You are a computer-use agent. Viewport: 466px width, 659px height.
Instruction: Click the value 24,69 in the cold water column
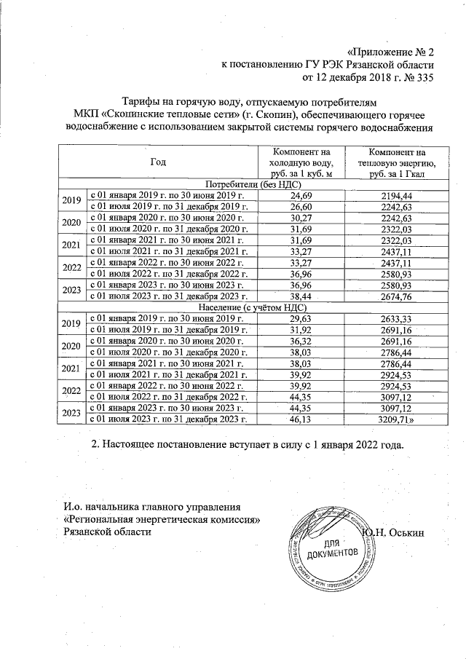pyautogui.click(x=300, y=196)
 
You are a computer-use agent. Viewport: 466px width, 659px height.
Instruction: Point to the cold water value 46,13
pyautogui.click(x=300, y=419)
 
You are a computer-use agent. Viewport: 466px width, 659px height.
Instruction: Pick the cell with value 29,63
pyautogui.click(x=300, y=318)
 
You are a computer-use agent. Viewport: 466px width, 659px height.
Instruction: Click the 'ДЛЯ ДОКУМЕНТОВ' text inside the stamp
pyautogui.click(x=333, y=550)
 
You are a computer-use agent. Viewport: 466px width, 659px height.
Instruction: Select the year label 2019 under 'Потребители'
pyautogui.click(x=71, y=201)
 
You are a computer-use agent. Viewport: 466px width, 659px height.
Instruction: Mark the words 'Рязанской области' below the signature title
pyautogui.click(x=108, y=532)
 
